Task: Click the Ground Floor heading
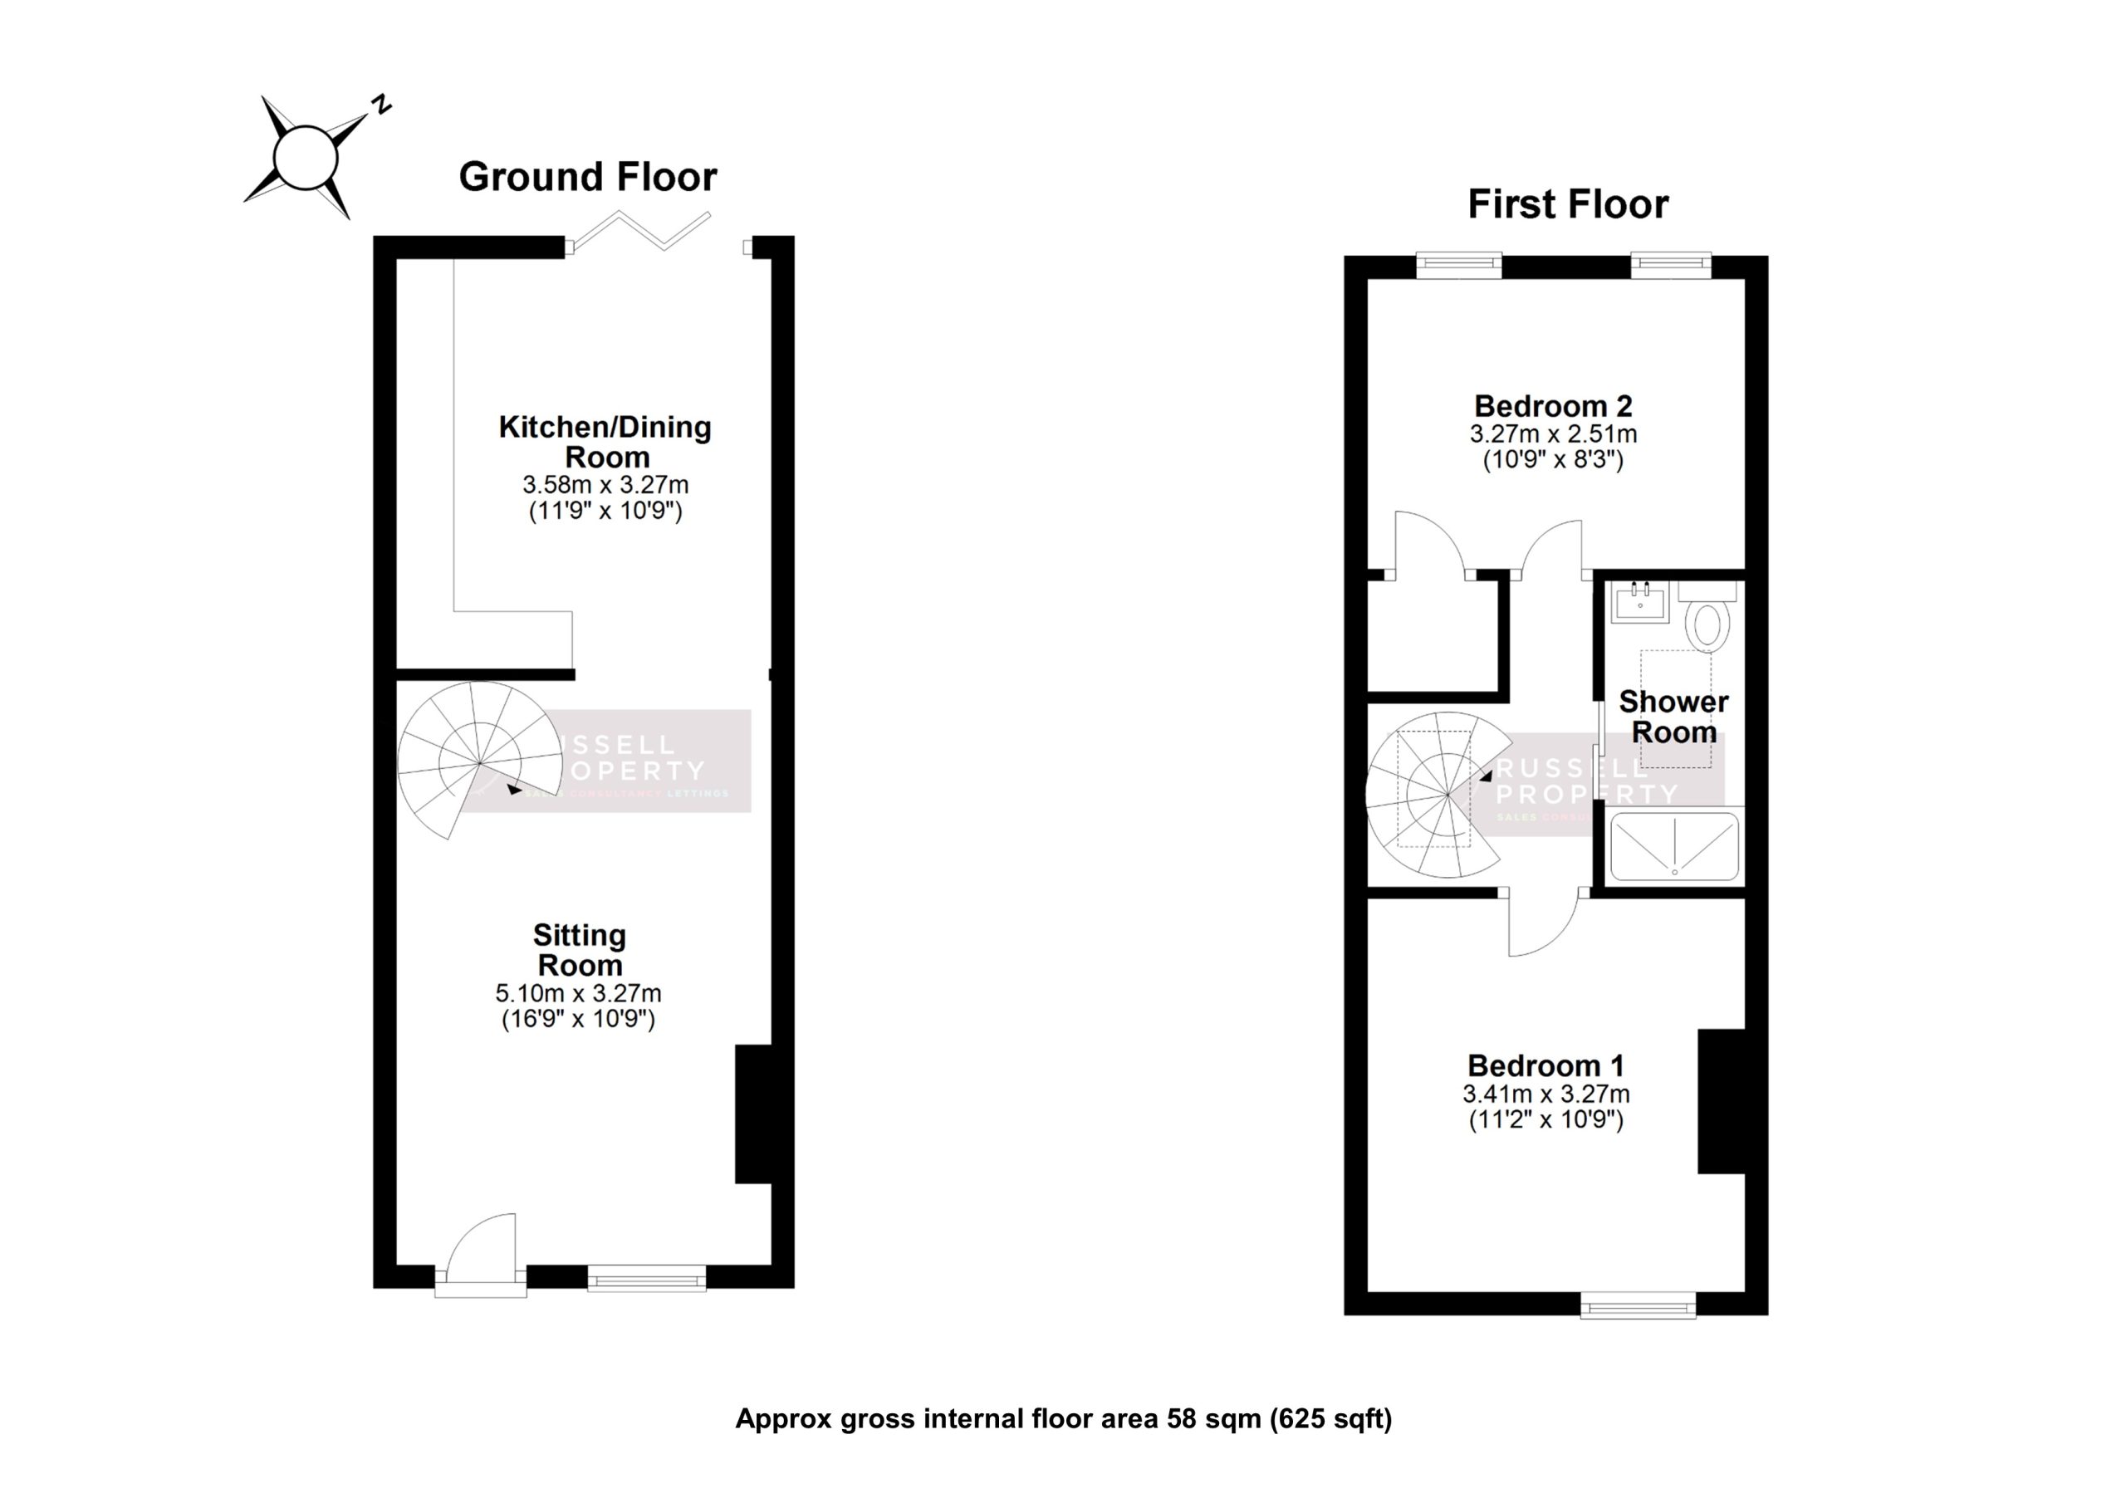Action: click(587, 177)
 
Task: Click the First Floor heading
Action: click(1567, 204)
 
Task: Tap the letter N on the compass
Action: click(380, 105)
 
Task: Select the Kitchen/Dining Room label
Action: click(605, 442)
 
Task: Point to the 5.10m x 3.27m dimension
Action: click(578, 995)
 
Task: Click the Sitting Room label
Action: click(580, 950)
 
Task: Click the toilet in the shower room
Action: click(1708, 624)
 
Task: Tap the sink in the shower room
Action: click(1639, 604)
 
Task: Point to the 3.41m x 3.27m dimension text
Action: click(1546, 1094)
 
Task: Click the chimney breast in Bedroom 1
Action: click(1721, 1101)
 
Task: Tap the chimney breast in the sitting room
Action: click(754, 1114)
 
